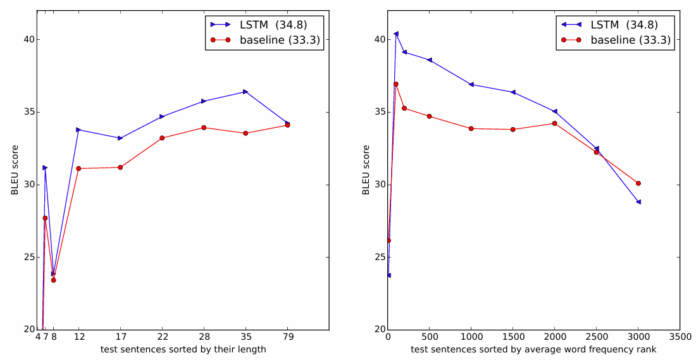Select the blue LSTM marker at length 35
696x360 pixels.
[x=245, y=92]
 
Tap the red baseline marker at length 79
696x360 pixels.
[x=287, y=125]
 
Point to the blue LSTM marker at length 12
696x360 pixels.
[x=78, y=130]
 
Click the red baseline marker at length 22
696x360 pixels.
[x=162, y=138]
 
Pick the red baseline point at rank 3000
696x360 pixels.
[x=638, y=183]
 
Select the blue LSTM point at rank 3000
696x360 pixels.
[x=638, y=202]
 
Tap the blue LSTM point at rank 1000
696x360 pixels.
[x=471, y=84]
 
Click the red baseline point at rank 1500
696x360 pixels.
[x=513, y=130]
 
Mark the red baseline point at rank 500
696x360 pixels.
[x=430, y=116]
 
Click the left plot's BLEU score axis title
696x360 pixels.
[x=15, y=170]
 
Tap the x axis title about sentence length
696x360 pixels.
[x=183, y=349]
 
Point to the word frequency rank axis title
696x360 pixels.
[x=533, y=349]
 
